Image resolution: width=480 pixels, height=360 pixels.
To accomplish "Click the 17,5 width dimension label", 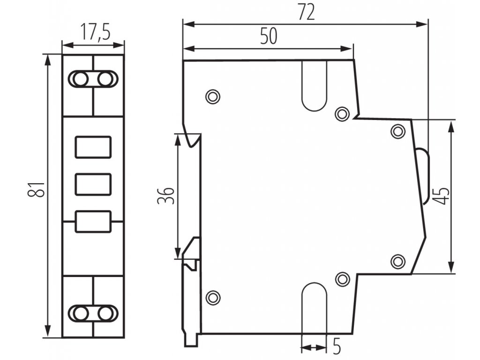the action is (93, 33).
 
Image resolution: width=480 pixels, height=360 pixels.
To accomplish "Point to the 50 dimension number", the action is (269, 37).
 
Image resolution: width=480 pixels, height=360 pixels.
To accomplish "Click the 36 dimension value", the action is (165, 195).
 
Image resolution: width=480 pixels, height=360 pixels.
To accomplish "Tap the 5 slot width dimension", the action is (336, 347).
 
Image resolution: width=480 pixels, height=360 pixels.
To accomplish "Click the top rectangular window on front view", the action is (93, 147).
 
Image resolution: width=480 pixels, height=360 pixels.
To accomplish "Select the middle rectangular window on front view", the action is (93, 184).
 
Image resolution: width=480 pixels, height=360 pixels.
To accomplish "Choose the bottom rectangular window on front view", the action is (93, 221).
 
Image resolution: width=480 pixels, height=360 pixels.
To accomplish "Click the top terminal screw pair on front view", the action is (93, 79).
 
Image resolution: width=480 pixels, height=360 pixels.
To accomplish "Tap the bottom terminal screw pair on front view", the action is (93, 313).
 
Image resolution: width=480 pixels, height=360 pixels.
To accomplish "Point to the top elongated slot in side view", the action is (314, 87).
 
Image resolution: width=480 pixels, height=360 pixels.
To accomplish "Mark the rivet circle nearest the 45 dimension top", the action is (398, 131).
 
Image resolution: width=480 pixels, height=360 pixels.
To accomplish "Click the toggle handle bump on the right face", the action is (423, 176).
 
